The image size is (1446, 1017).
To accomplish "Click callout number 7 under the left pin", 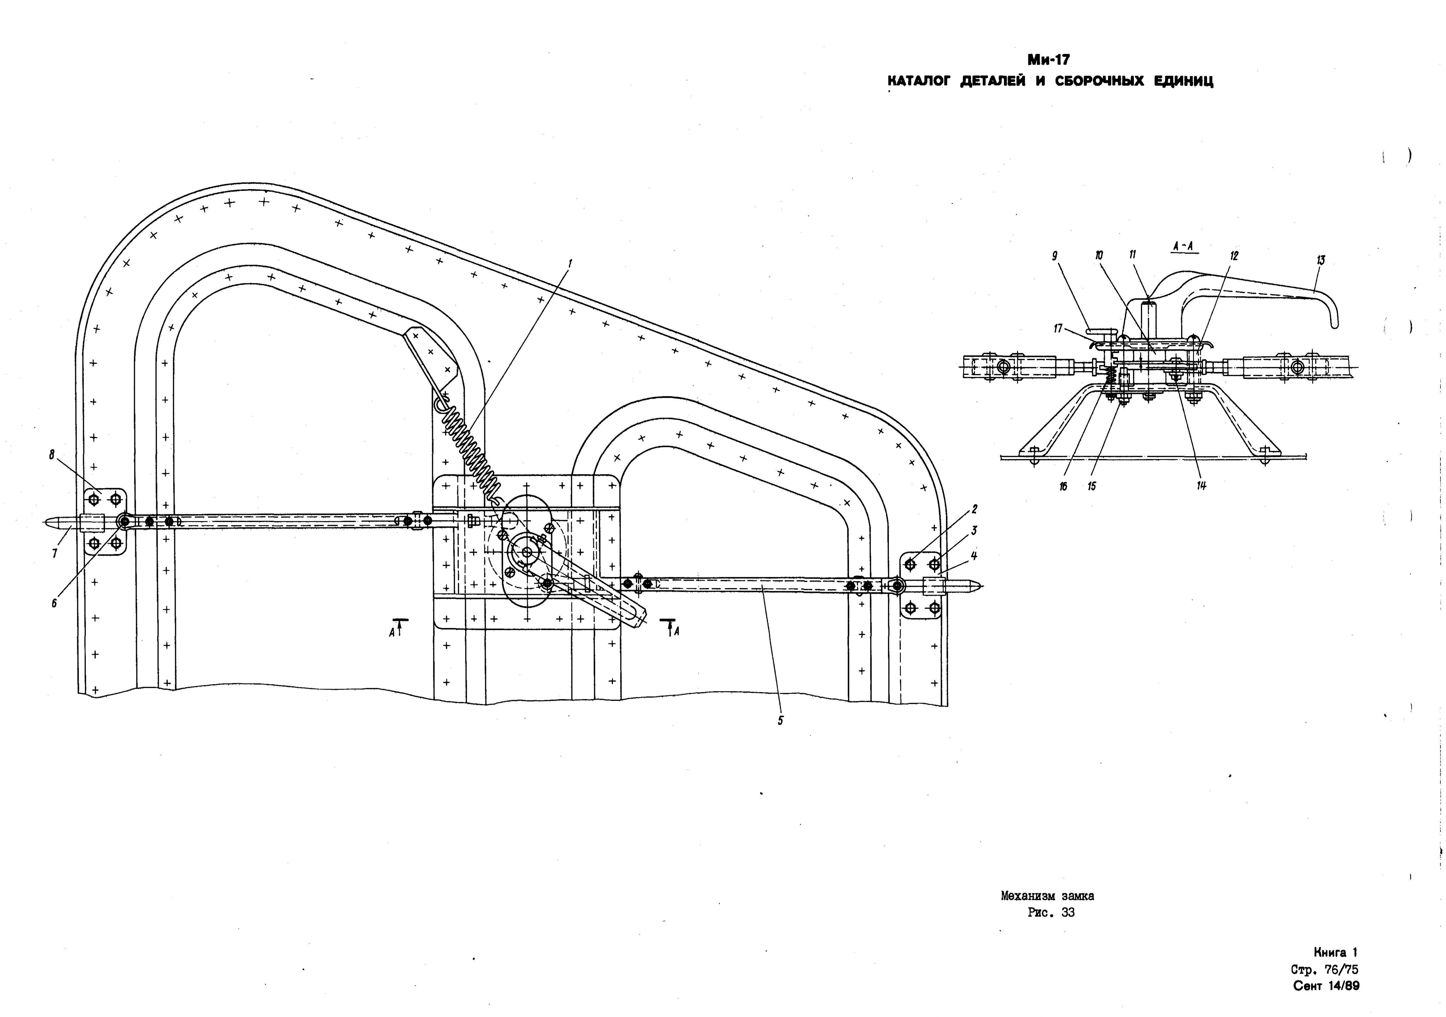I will pyautogui.click(x=55, y=554).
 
